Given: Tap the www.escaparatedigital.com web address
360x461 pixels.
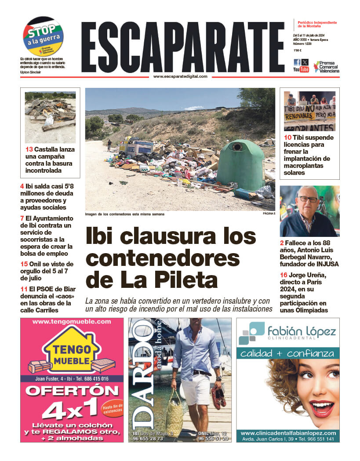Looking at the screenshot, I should point(180,76).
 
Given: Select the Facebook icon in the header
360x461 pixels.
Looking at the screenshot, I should point(297,62).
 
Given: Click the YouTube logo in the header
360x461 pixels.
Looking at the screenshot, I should point(301,69).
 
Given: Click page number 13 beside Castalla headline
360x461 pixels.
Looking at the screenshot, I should point(29,149).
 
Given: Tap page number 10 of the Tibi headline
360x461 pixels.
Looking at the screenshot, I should point(287,138).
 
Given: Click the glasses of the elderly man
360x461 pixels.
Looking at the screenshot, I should point(309,199).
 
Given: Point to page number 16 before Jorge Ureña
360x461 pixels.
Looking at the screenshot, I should point(284,276).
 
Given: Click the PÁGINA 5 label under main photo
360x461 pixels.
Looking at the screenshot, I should point(268,214).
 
